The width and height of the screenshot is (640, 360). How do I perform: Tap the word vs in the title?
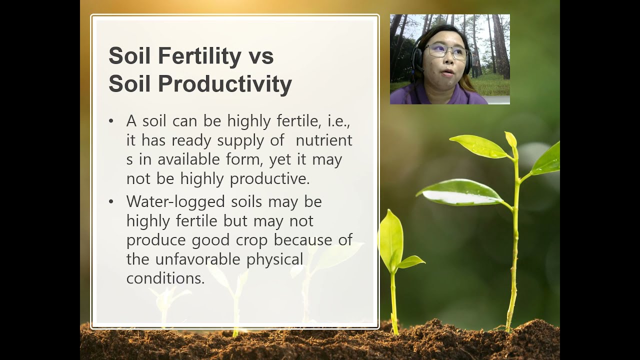(x=260, y=56)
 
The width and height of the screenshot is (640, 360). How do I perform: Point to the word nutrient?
(x=324, y=140)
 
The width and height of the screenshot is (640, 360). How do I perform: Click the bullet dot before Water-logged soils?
(x=111, y=202)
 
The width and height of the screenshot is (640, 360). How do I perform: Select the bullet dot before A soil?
(x=111, y=121)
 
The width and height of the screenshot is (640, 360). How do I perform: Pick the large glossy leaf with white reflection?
(x=460, y=193)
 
